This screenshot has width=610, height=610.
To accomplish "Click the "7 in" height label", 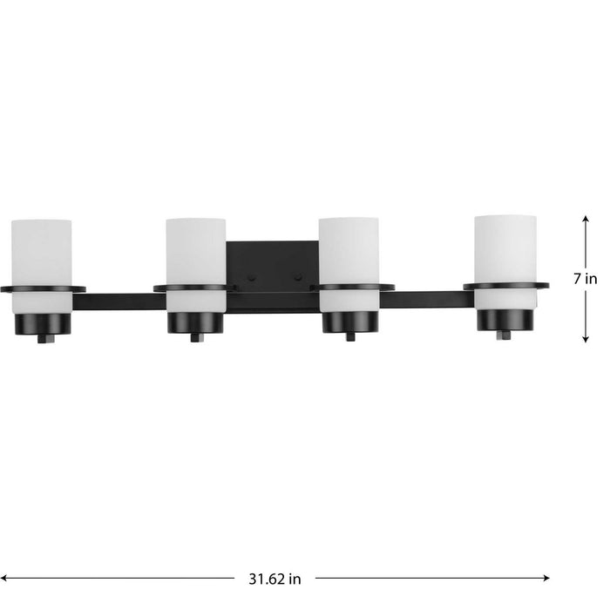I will click(586, 280).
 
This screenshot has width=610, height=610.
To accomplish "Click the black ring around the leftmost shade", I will click(42, 288).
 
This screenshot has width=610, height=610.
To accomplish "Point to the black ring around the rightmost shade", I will click(505, 285).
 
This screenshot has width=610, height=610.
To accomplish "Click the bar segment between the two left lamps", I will click(119, 302).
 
